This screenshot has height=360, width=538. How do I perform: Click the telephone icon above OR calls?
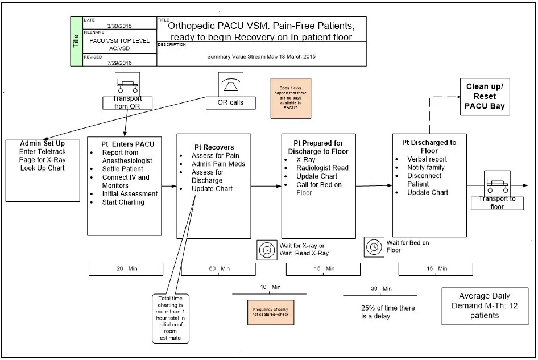[231, 84]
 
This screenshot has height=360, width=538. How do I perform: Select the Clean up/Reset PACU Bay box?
[485, 96]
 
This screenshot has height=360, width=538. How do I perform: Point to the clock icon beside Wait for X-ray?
[266, 249]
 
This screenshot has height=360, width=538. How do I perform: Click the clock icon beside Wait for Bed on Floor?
[374, 246]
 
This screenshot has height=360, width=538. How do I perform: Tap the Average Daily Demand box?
[485, 305]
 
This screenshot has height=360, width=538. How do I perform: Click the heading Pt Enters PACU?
[125, 143]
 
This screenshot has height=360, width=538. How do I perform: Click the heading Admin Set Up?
[43, 143]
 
